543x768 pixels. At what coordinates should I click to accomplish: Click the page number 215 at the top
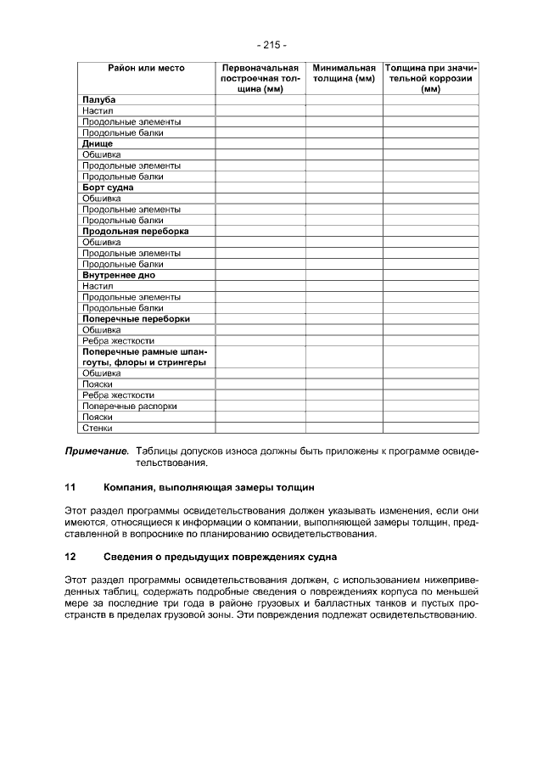[271, 44]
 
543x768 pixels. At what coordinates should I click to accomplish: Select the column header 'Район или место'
[146, 67]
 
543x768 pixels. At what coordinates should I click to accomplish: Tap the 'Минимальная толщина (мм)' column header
[344, 72]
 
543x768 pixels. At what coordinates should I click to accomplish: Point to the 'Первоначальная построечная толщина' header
[260, 77]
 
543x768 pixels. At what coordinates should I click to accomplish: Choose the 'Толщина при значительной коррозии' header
[430, 77]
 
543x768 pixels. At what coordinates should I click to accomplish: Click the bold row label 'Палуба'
[99, 100]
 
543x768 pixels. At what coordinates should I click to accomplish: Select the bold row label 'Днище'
[98, 143]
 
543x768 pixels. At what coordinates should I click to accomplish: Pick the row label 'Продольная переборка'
[136, 231]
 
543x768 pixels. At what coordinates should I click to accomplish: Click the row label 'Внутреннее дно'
[118, 275]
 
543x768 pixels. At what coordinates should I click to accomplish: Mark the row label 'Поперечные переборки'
[136, 319]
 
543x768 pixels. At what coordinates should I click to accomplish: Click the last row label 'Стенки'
[98, 428]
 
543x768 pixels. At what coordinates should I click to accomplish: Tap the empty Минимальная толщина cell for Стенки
[344, 428]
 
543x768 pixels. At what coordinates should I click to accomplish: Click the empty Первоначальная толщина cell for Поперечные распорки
[260, 406]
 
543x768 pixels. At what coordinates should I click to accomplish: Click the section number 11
[71, 488]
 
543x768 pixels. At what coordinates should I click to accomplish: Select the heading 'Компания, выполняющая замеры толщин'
[209, 488]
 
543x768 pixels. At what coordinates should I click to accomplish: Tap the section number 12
[71, 557]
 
